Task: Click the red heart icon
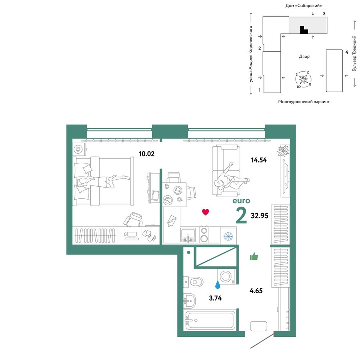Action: tap(205, 212)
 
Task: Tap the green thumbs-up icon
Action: tap(254, 256)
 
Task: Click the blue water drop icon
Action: tap(217, 285)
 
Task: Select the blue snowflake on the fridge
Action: tap(228, 236)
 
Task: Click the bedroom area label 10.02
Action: tap(147, 154)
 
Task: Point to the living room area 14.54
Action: tap(259, 160)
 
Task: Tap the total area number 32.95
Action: tap(259, 216)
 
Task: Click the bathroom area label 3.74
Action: tap(215, 298)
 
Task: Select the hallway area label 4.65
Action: tap(256, 291)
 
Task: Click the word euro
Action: tap(241, 201)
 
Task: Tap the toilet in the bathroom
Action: tap(193, 282)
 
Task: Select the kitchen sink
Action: tap(188, 235)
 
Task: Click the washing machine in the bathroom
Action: tap(226, 276)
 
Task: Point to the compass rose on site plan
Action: tap(303, 79)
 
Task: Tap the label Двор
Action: tap(304, 57)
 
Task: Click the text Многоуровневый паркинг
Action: tap(304, 102)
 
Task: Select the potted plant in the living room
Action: tap(283, 151)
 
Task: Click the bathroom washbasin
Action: tap(190, 300)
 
